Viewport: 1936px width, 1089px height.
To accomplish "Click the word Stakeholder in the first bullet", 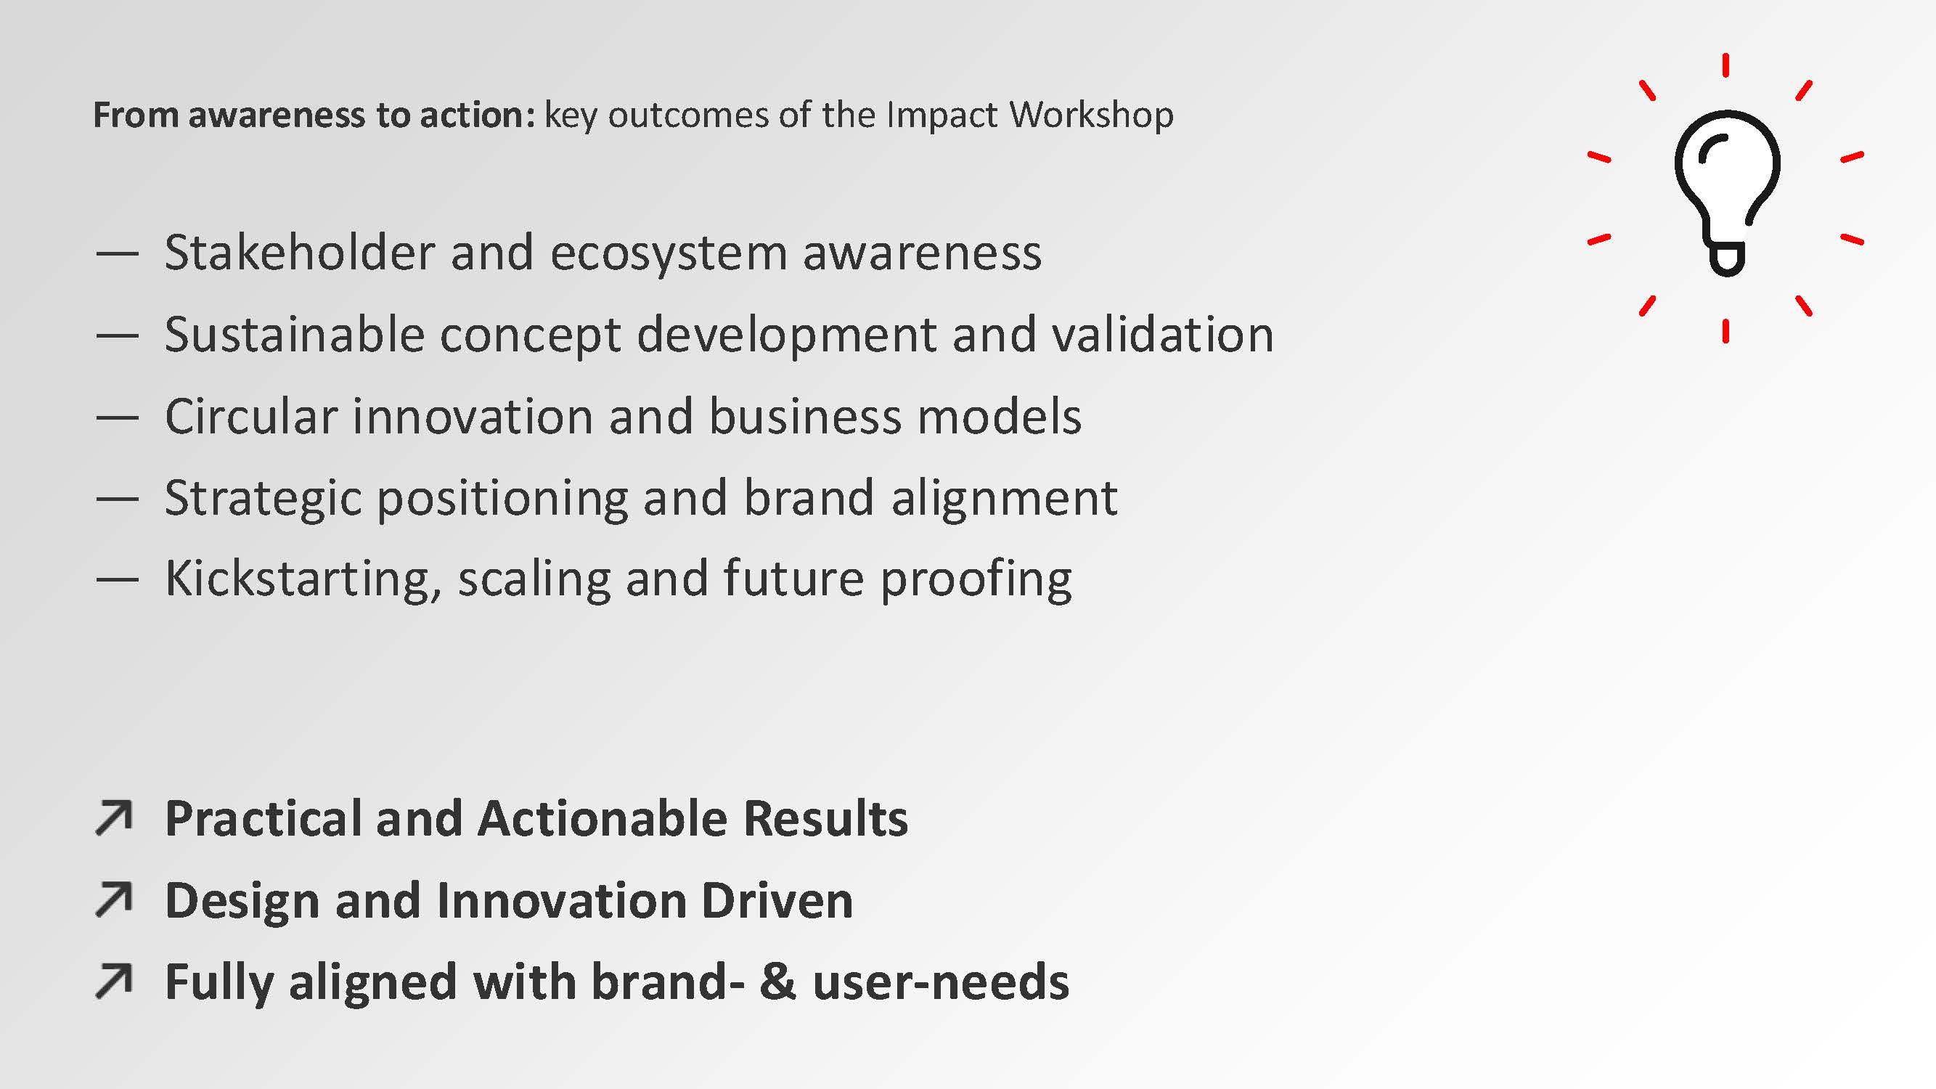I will (299, 253).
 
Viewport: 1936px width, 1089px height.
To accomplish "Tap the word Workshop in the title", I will (1090, 115).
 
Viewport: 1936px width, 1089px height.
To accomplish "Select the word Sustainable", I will (294, 335).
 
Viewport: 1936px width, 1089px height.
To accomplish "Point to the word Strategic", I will (263, 499).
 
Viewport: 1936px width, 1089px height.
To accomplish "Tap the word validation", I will (1163, 335).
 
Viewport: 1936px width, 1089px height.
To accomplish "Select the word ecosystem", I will (669, 254).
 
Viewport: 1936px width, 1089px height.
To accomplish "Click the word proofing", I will (976, 579).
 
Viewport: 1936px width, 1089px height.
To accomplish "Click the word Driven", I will (777, 900).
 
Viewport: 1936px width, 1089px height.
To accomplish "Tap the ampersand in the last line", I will (777, 982).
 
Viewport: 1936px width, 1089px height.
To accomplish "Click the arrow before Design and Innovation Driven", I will (114, 900).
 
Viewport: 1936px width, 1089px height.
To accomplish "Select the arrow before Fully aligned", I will (114, 982).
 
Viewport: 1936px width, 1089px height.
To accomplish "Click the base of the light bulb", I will (1726, 258).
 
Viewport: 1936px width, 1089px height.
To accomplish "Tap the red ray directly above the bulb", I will (1725, 65).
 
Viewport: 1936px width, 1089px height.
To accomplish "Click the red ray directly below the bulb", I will (1725, 330).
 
